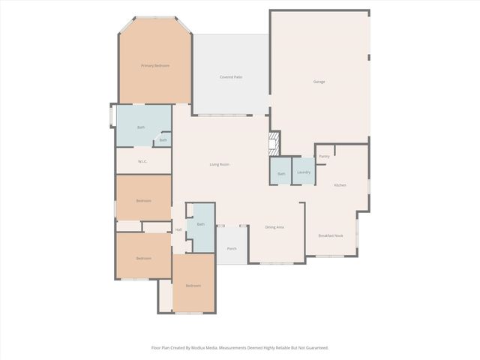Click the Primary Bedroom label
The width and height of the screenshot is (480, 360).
pyautogui.click(x=155, y=66)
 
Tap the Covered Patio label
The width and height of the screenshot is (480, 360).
pyautogui.click(x=231, y=77)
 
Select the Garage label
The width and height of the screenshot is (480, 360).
pyautogui.click(x=319, y=81)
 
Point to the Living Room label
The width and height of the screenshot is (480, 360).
pyautogui.click(x=219, y=164)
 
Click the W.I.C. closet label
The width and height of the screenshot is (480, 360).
pyautogui.click(x=142, y=161)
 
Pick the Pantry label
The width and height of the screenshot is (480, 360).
pyautogui.click(x=324, y=156)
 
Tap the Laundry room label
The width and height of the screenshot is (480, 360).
pyautogui.click(x=304, y=172)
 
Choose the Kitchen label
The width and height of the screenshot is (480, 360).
pyautogui.click(x=340, y=184)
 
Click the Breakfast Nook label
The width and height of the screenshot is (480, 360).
pyautogui.click(x=331, y=235)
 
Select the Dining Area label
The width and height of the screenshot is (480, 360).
pyautogui.click(x=274, y=226)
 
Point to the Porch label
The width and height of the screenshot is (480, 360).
pyautogui.click(x=232, y=248)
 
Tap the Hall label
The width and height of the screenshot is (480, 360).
pyautogui.click(x=178, y=229)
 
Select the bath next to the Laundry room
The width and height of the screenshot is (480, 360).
pyautogui.click(x=281, y=173)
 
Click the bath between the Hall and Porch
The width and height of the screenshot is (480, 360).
pyautogui.click(x=200, y=224)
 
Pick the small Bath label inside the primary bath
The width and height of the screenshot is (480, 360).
pyautogui.click(x=163, y=140)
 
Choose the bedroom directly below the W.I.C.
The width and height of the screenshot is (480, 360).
pyautogui.click(x=143, y=200)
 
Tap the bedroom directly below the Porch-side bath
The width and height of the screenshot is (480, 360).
pyautogui.click(x=193, y=285)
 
